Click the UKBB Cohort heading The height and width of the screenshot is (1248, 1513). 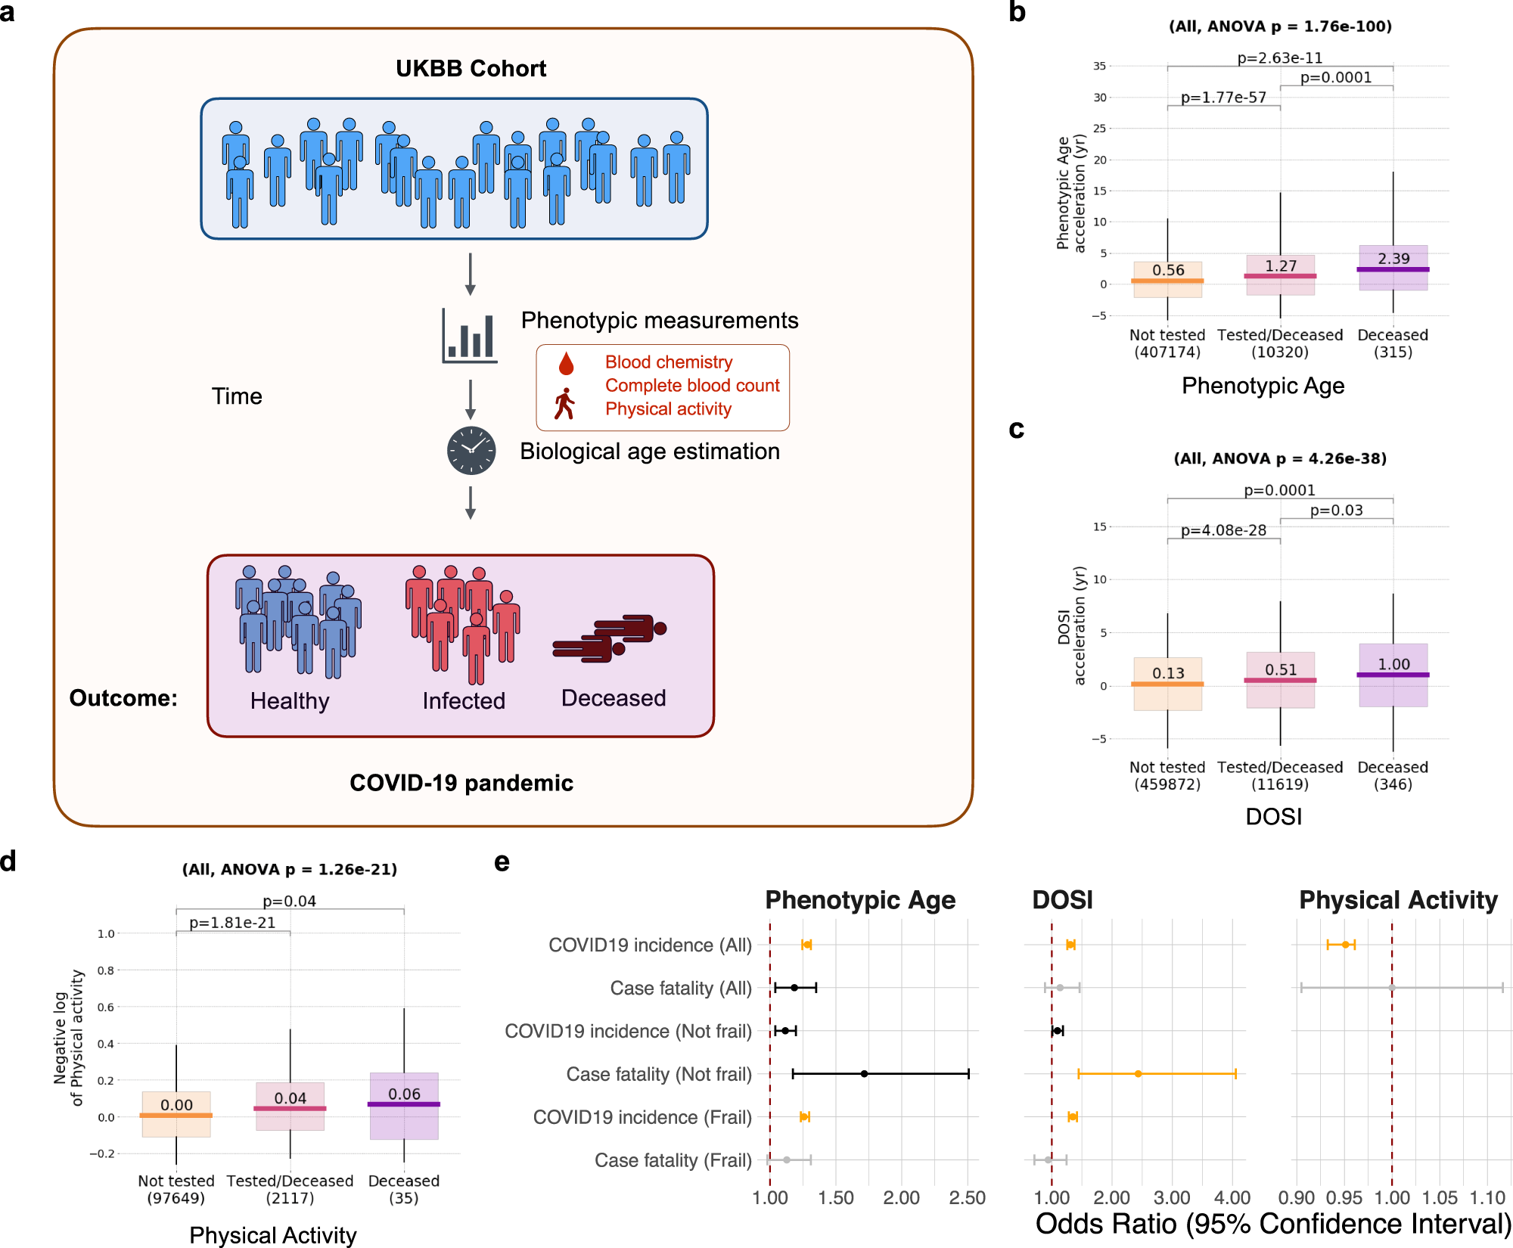471,69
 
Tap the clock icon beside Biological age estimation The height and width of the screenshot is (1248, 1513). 471,451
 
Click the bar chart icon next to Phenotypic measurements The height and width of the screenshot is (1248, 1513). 470,336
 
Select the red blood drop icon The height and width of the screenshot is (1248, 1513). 566,364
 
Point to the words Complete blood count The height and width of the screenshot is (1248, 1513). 691,386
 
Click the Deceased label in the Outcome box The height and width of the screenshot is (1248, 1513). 613,698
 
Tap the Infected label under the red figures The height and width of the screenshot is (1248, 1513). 464,701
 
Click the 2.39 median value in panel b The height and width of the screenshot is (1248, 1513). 1393,259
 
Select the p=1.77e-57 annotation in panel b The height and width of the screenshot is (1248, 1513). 1223,98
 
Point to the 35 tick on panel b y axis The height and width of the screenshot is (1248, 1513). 1099,67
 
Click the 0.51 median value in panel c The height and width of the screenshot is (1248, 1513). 1281,670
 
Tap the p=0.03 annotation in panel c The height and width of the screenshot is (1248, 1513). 1336,511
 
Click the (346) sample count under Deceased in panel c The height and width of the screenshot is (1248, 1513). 1393,784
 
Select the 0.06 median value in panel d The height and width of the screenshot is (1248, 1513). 404,1094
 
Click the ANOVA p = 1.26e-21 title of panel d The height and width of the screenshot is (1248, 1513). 290,870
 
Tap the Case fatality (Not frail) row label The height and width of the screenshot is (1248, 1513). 658,1074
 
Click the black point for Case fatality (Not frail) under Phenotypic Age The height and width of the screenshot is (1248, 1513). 864,1074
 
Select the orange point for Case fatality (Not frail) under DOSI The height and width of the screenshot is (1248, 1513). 1138,1074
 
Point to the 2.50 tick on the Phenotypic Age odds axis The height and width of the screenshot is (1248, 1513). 967,1198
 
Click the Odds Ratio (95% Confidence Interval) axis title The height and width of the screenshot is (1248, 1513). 1272,1225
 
